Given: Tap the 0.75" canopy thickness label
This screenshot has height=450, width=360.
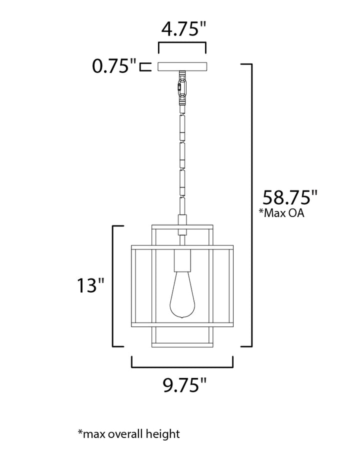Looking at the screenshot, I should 114,66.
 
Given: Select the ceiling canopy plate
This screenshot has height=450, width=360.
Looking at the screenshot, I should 182,66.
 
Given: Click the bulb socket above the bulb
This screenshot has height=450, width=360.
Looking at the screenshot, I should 182,260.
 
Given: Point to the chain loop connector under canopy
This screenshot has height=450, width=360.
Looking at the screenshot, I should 182,87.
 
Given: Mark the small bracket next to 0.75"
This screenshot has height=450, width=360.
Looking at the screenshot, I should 145,66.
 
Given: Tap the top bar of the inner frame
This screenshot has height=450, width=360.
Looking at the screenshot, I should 182,229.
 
